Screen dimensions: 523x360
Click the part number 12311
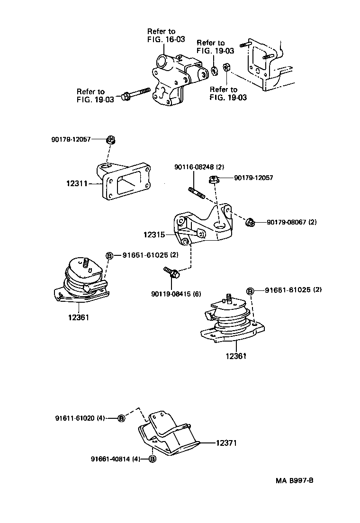tap(76, 183)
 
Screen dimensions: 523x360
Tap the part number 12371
tap(226, 443)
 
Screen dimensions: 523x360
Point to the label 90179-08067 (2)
tap(291, 222)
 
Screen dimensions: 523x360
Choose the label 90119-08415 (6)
tap(176, 294)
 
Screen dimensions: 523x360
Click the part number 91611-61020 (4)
tap(80, 418)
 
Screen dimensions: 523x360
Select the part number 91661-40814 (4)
tap(116, 459)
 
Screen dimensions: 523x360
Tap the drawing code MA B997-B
tap(295, 480)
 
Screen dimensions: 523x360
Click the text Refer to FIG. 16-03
tap(166, 36)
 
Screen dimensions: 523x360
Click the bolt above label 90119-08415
tap(171, 273)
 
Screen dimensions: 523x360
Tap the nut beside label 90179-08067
tap(251, 222)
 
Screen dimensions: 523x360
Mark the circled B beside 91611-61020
tap(121, 418)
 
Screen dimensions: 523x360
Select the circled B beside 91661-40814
tap(153, 459)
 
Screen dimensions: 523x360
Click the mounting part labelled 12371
tap(168, 433)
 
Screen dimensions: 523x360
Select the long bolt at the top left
tap(135, 94)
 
